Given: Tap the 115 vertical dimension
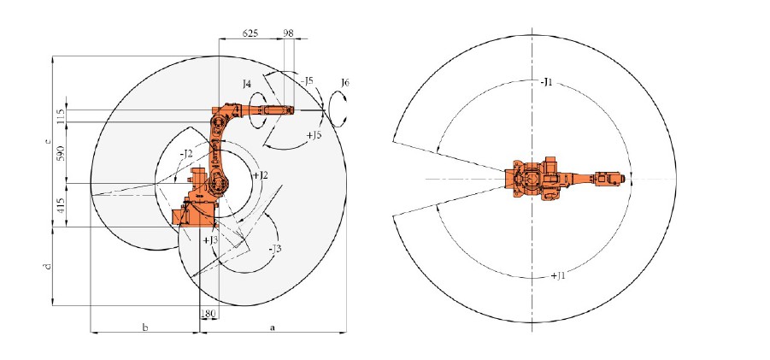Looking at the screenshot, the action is coord(61,116).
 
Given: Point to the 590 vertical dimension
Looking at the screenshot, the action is coord(61,152).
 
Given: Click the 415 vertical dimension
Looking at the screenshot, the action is coord(61,205).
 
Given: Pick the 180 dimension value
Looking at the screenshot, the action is coord(209,313).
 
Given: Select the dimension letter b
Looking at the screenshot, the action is coord(145,327).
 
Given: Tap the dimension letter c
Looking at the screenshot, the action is coord(47,141).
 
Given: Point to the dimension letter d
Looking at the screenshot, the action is coord(47,267).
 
